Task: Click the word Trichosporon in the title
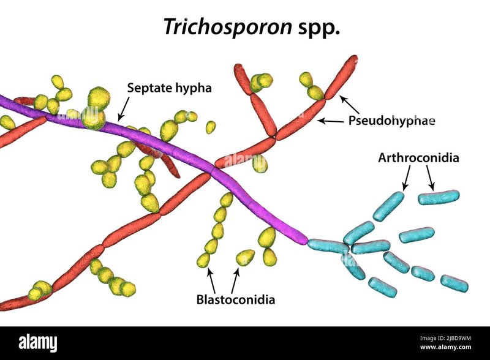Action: click(227, 26)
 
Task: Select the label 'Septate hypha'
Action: click(170, 88)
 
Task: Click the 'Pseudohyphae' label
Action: click(391, 121)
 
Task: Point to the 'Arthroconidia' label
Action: click(418, 157)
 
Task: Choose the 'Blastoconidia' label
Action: click(236, 299)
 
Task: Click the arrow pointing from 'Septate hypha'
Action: click(124, 109)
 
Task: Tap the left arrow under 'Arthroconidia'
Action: click(407, 178)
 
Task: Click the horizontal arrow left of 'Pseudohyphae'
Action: click(331, 121)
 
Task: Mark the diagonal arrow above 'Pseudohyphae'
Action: click(349, 104)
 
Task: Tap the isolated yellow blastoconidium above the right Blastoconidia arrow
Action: click(245, 257)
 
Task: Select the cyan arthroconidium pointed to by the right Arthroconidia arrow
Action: click(439, 198)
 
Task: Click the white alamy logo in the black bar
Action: click(38, 343)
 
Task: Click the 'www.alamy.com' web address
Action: click(445, 347)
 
